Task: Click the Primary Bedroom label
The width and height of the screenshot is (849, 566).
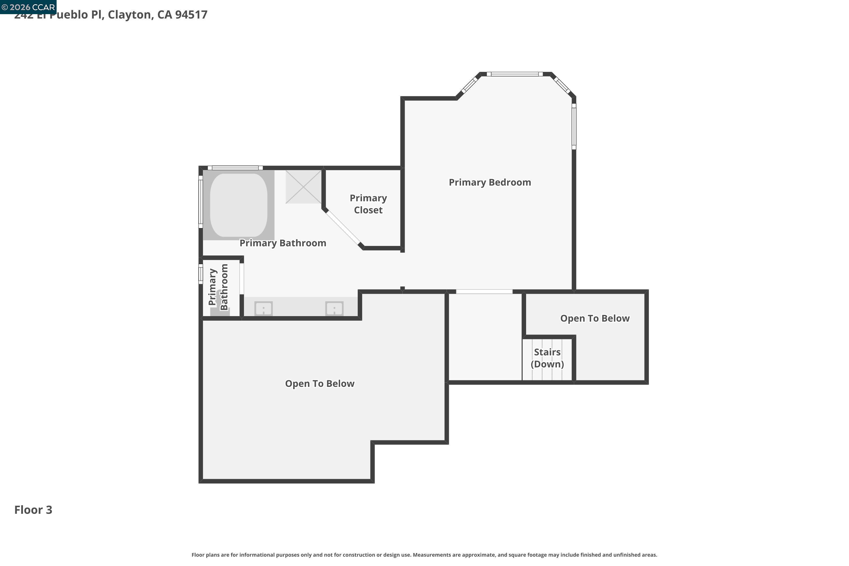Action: (490, 182)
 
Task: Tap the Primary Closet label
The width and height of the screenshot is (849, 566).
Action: (368, 204)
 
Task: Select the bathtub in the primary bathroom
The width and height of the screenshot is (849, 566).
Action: (239, 205)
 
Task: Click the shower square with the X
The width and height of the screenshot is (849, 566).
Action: (303, 186)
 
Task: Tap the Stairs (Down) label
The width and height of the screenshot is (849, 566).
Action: (547, 358)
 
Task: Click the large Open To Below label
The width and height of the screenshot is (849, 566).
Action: (320, 384)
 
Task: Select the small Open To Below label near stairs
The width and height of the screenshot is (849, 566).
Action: (595, 318)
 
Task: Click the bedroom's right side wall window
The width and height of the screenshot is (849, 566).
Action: (574, 126)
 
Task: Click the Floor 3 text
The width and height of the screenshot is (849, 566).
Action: (33, 510)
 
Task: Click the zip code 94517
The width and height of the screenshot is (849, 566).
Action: (191, 15)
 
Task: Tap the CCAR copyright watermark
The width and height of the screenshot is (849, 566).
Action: (28, 7)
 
